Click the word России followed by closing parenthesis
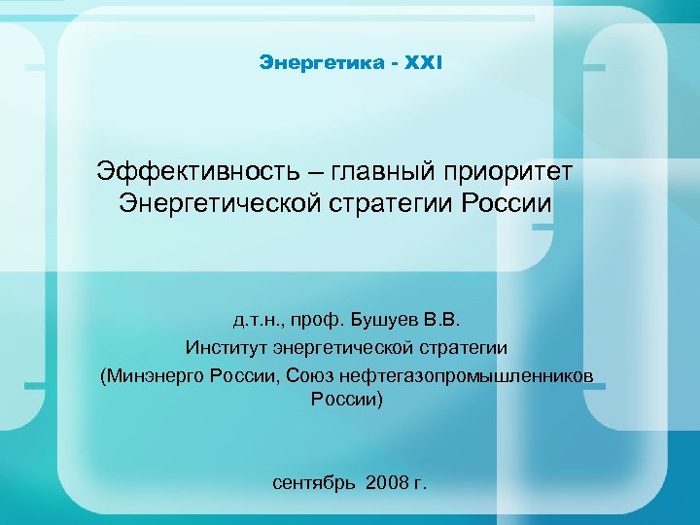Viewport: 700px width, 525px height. coord(346,399)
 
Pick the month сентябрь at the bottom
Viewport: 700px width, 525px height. coord(314,483)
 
